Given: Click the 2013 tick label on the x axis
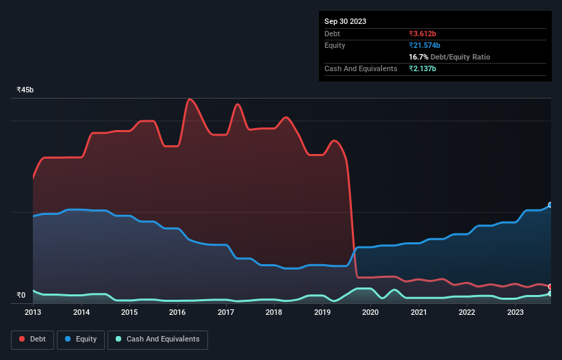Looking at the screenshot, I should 33,312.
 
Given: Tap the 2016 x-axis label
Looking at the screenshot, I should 177,312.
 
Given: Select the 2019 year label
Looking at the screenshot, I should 322,312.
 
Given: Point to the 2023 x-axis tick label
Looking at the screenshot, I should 515,312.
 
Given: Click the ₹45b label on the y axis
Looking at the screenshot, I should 25,90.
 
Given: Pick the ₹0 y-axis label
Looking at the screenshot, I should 21,296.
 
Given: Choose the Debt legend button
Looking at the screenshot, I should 34,339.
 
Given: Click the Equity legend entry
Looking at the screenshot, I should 81,339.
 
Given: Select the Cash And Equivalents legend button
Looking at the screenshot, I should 157,339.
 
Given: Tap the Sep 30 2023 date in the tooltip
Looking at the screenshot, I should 345,21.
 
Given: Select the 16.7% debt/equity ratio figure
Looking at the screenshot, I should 418,57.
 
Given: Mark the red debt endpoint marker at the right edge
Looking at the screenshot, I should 550,287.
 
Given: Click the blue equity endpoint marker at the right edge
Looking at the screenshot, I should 550,205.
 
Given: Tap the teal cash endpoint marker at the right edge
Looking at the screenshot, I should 550,294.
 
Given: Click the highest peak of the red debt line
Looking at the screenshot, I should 190,99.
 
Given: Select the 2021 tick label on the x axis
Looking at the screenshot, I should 418,312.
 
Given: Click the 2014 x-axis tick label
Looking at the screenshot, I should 81,312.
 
